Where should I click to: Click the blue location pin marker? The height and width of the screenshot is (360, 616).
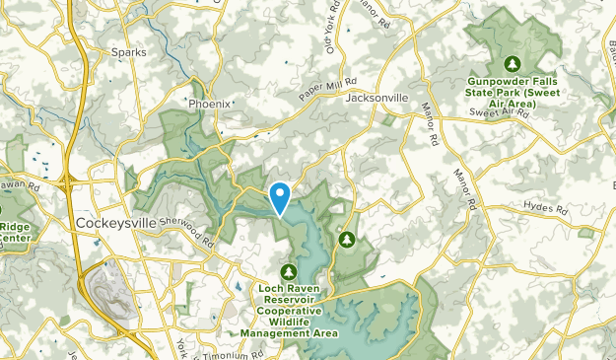point(280,197)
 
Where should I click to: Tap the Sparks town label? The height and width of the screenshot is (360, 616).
point(128,52)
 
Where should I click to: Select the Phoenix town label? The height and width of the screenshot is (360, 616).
point(209,103)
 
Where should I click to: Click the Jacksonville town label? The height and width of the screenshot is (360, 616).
point(376,99)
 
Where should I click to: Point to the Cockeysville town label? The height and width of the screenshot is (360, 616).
point(115,224)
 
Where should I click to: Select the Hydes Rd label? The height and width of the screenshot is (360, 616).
point(548,210)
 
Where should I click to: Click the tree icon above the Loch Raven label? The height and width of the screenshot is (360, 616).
point(288,271)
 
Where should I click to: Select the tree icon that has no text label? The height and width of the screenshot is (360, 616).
point(347,239)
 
